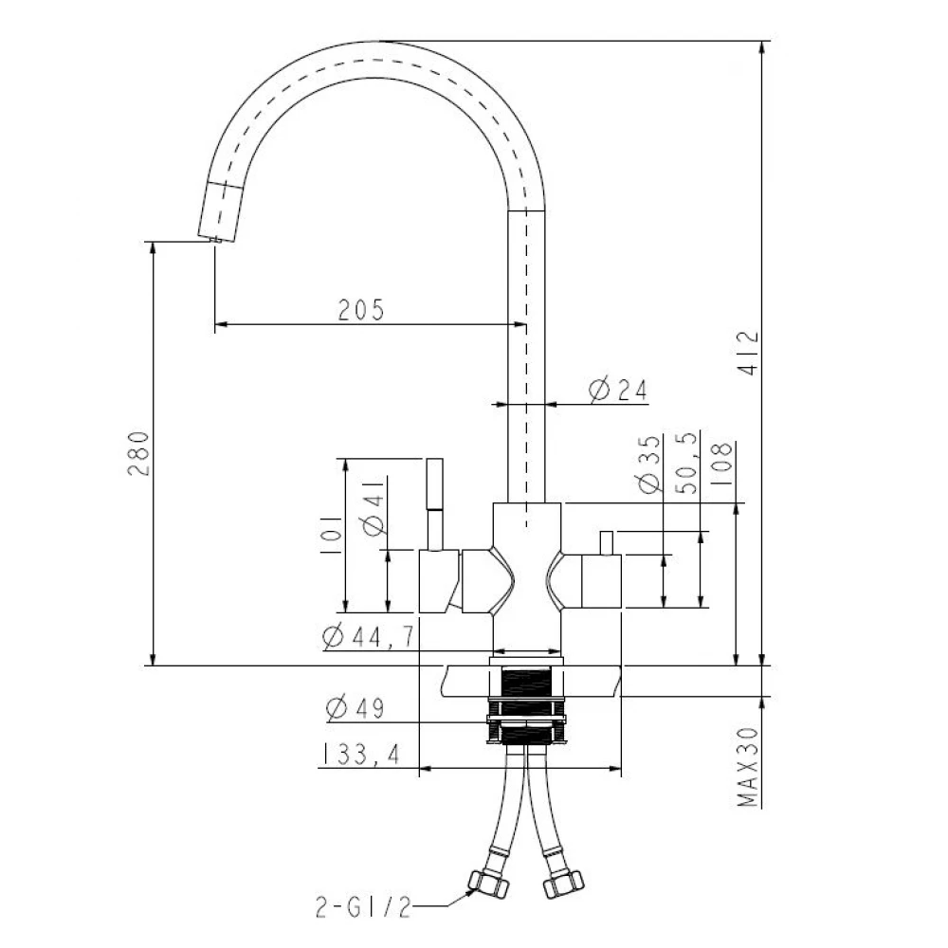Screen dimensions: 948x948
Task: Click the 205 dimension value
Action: click(361, 310)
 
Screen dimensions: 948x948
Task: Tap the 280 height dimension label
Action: click(138, 453)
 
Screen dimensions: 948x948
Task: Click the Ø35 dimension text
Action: click(649, 464)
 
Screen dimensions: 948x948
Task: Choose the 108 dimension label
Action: click(721, 464)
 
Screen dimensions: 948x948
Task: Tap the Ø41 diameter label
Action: click(374, 507)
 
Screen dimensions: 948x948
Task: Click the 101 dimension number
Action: click(331, 536)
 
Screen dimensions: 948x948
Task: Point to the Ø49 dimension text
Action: click(355, 707)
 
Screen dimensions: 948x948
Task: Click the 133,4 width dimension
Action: click(359, 754)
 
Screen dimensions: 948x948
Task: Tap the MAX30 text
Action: click(748, 767)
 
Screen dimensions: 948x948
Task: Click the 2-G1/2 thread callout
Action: click(363, 907)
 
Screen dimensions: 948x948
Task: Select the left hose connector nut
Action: click(489, 884)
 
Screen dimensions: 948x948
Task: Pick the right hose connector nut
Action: click(563, 884)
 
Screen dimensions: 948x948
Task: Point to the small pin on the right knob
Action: click(607, 542)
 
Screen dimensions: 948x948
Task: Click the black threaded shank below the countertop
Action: click(526, 704)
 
